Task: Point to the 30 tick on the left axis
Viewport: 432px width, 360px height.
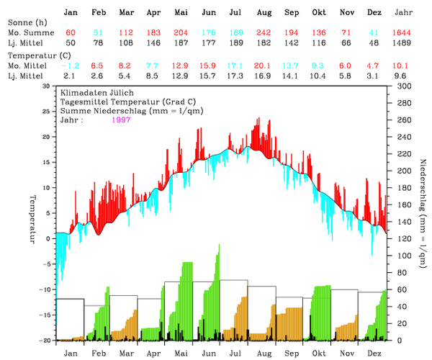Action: [x=47, y=86]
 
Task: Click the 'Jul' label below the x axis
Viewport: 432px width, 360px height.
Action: [x=235, y=354]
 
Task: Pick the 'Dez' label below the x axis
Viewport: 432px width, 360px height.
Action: [x=374, y=354]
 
